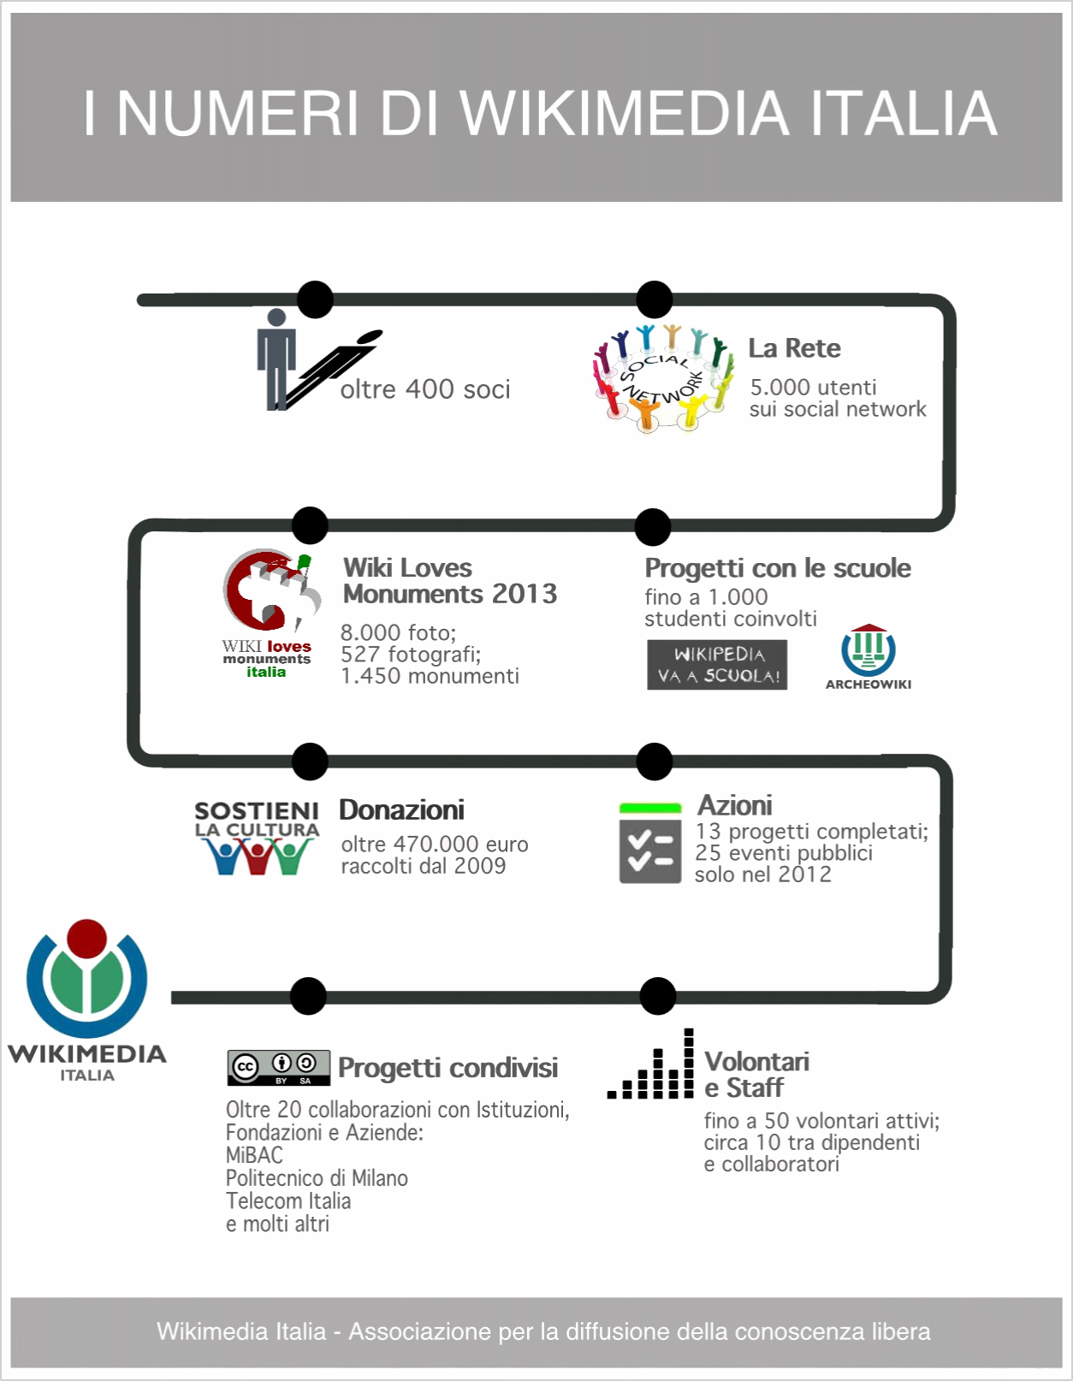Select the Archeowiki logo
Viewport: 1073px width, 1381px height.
pos(868,657)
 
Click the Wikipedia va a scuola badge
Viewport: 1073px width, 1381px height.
pos(717,665)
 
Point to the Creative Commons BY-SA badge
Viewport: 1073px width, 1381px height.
pos(279,1068)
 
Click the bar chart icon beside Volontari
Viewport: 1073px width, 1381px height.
pos(651,1065)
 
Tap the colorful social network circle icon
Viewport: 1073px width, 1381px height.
pos(663,377)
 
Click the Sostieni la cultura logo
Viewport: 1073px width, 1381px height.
pos(257,838)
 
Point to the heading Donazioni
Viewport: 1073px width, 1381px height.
pos(401,809)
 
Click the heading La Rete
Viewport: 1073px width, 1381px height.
pos(794,348)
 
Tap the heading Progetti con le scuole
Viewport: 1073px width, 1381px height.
pos(777,568)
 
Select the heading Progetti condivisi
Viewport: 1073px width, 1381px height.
pos(448,1068)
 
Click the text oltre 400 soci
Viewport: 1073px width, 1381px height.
pos(425,389)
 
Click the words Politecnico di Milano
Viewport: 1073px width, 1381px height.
pos(317,1178)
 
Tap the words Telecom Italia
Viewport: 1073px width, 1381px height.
pos(288,1201)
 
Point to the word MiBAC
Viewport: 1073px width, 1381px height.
pos(254,1155)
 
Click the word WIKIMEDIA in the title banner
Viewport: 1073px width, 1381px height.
pos(624,113)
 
